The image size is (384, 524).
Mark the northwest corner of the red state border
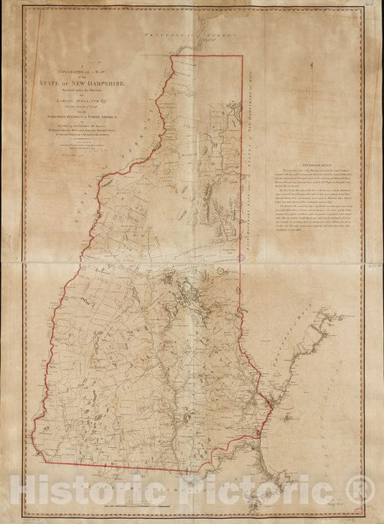(x=171, y=56)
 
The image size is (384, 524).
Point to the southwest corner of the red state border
(x=48, y=438)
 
